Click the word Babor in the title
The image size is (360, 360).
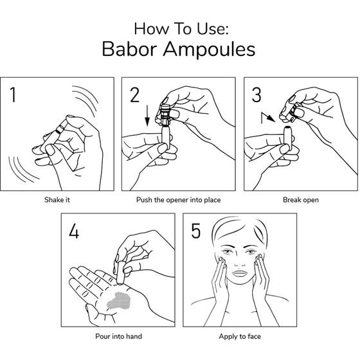[129, 49]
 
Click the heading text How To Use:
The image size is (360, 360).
[181, 29]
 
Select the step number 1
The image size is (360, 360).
[13, 94]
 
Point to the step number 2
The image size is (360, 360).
[134, 94]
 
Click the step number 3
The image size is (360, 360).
[256, 94]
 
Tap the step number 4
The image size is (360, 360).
[74, 231]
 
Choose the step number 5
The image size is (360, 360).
[196, 231]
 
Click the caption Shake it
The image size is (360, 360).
[57, 200]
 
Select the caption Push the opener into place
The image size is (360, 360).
[179, 200]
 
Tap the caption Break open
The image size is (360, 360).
[301, 200]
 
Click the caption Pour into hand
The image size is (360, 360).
[118, 336]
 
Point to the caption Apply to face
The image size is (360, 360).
[240, 336]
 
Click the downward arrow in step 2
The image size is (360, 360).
[147, 116]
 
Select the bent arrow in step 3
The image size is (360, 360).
[267, 118]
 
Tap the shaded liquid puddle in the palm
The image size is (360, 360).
[120, 301]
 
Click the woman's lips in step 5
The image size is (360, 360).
[239, 274]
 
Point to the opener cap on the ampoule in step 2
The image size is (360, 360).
[165, 114]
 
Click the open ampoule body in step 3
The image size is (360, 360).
[288, 138]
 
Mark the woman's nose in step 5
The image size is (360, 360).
[240, 262]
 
